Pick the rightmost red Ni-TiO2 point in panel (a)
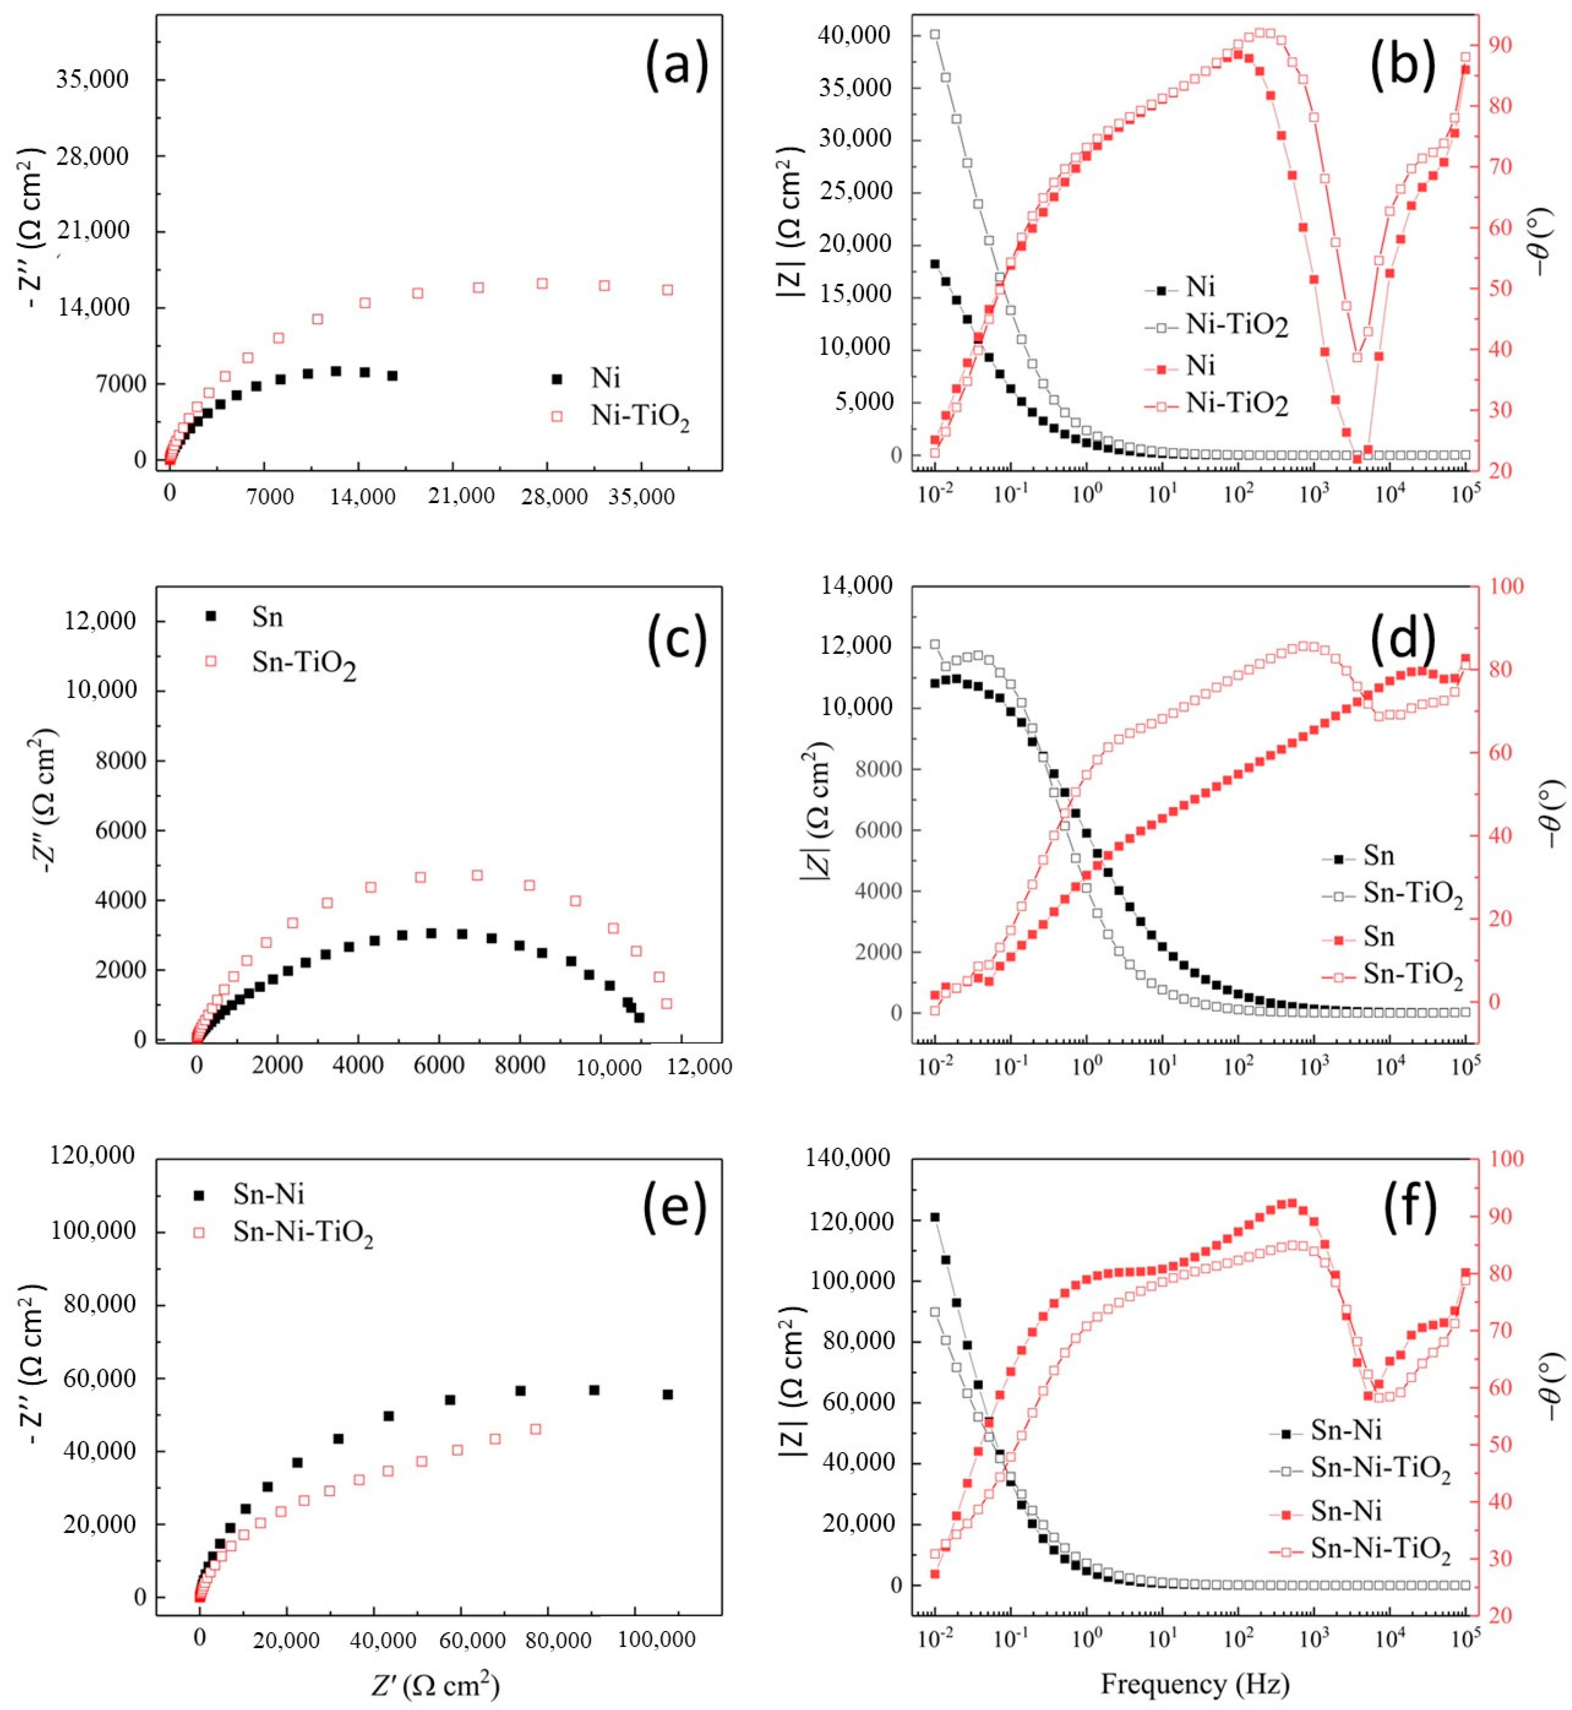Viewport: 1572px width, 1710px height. pos(668,290)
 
